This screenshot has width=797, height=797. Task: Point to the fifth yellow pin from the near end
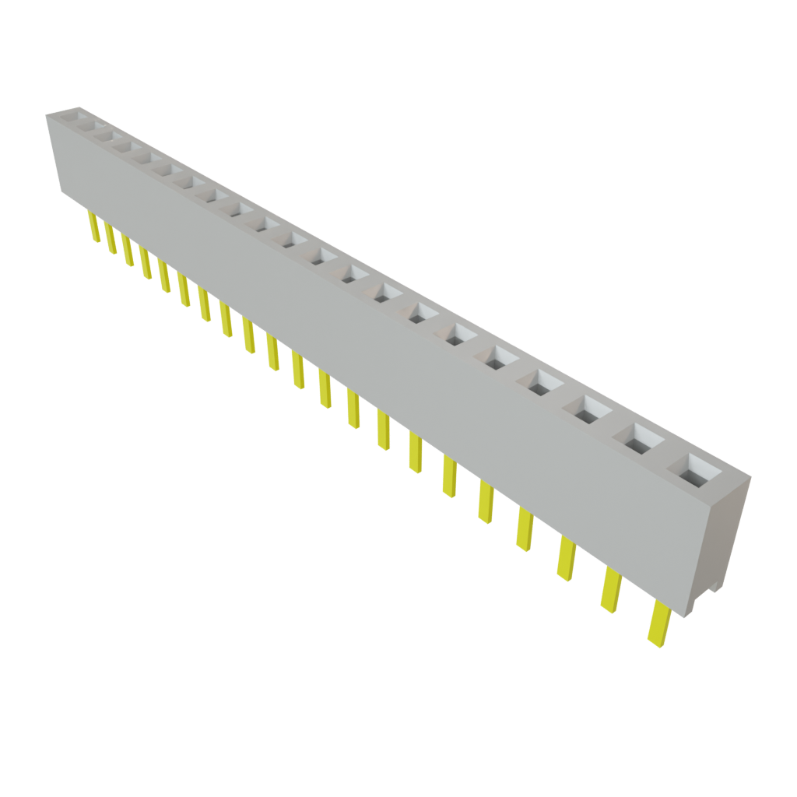pos(486,503)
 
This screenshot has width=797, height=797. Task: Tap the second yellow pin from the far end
pos(111,240)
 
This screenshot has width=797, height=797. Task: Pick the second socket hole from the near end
pos(642,440)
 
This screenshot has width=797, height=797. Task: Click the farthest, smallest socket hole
pos(80,120)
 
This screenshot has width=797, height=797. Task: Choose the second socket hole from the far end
pos(100,134)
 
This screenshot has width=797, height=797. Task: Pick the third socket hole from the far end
pos(121,145)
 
